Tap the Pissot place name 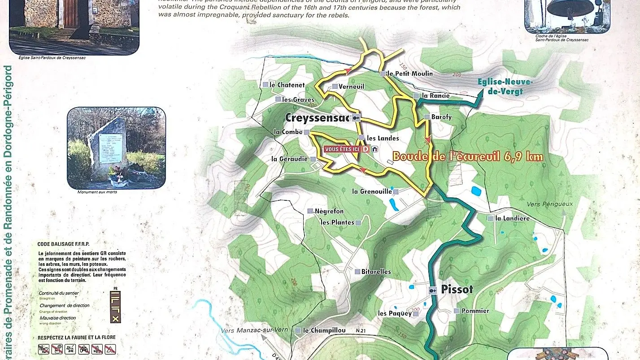pyautogui.click(x=457, y=290)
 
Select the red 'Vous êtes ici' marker pyautogui.click(x=342, y=149)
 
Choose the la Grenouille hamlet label pyautogui.click(x=372, y=191)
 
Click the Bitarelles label pyautogui.click(x=376, y=272)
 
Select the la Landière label pyautogui.click(x=512, y=218)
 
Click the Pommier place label pyautogui.click(x=475, y=311)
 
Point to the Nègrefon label pyautogui.click(x=329, y=211)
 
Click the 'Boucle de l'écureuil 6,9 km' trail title pyautogui.click(x=468, y=157)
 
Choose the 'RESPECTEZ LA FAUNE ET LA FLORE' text pyautogui.click(x=76, y=337)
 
